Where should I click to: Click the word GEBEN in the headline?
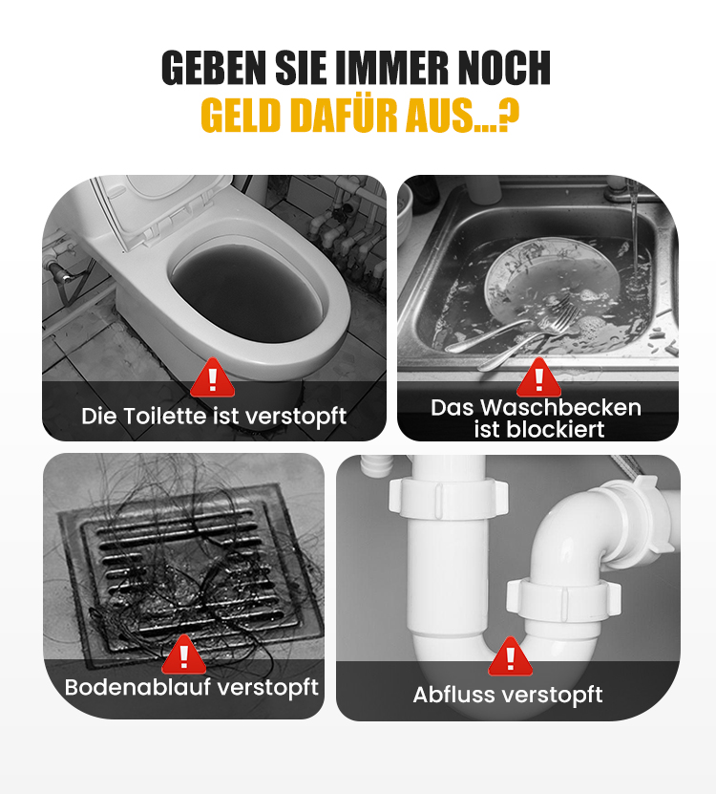tap(215, 68)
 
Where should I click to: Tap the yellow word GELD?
tap(241, 116)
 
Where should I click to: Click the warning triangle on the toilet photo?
tap(213, 377)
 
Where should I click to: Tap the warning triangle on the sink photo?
tap(538, 377)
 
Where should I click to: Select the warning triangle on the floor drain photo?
tap(183, 655)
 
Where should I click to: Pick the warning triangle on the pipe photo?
tap(510, 656)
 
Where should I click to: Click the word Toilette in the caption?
tap(166, 416)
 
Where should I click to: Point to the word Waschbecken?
tap(560, 408)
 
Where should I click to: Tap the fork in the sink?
tap(526, 334)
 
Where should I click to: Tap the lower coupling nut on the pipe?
tap(563, 597)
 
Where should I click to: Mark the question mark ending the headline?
tap(509, 116)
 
